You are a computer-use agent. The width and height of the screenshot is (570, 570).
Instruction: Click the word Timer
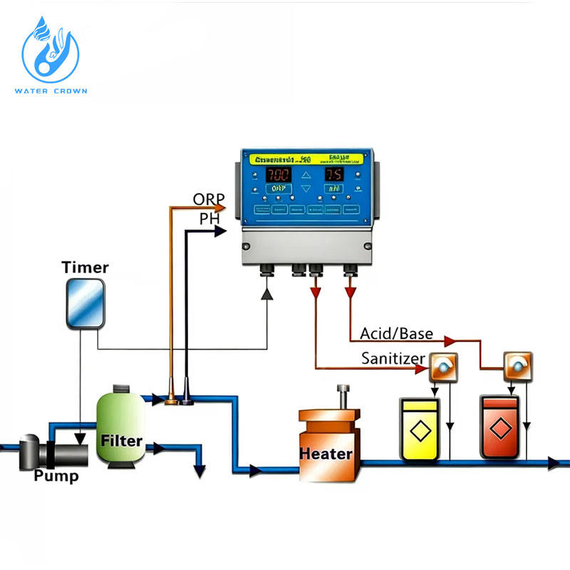(x=85, y=268)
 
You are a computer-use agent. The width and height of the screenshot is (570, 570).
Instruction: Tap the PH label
(x=209, y=219)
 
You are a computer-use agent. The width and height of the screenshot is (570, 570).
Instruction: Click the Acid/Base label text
(x=396, y=333)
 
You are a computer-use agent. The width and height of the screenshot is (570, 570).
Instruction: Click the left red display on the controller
(x=279, y=175)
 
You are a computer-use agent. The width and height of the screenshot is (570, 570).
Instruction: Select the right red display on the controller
(x=334, y=175)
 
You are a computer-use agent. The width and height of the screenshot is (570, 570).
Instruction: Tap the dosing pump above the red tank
(x=517, y=365)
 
